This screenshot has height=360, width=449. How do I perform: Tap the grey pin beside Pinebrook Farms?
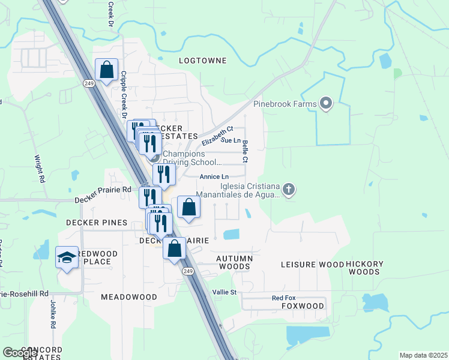click(x=327, y=104)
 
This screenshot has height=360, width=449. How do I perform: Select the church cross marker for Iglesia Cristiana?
click(x=289, y=190)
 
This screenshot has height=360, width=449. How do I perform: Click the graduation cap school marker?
click(x=67, y=258)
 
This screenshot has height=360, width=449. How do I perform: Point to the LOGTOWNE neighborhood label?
click(x=203, y=61)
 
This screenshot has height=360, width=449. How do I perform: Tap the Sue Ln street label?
click(x=231, y=140)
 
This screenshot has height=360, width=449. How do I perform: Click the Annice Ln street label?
click(x=214, y=177)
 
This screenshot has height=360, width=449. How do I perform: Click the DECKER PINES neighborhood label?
click(x=97, y=223)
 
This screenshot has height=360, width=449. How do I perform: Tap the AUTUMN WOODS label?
click(x=234, y=262)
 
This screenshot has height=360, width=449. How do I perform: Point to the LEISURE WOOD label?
click(x=313, y=265)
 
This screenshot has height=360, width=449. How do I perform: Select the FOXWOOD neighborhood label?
click(x=303, y=306)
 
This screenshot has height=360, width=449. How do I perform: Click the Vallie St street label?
click(x=225, y=292)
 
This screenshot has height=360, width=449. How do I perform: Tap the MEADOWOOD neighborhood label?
click(x=128, y=297)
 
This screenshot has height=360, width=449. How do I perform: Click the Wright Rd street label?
click(x=40, y=170)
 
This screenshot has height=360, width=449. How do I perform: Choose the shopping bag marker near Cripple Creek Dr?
click(x=106, y=70)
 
